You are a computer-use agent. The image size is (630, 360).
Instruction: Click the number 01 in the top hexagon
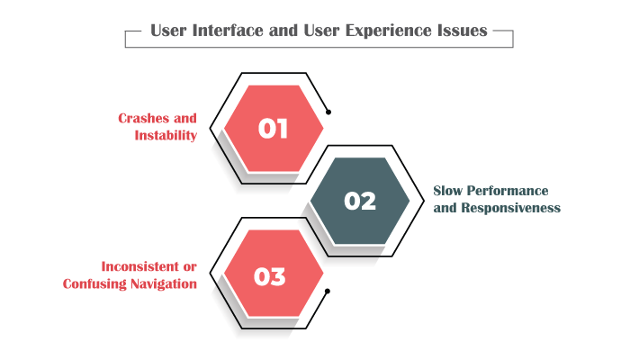tap(273, 129)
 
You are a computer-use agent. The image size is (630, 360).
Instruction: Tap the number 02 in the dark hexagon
tap(360, 201)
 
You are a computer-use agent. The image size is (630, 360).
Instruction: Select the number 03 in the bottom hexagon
tap(270, 277)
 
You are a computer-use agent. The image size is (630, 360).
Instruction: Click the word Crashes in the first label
tap(144, 118)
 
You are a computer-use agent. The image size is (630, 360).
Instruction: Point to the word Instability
tap(166, 135)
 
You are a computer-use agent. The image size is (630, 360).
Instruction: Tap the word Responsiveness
tap(510, 208)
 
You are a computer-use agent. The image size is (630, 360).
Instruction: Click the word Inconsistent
tap(139, 266)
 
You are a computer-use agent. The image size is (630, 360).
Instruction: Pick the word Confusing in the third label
tap(94, 283)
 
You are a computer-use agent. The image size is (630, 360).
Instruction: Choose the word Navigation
tap(164, 283)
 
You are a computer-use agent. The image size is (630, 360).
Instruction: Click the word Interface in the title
tap(228, 31)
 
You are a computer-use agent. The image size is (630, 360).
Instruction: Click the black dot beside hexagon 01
tap(328, 112)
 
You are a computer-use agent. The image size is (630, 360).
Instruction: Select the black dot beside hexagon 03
tap(328, 292)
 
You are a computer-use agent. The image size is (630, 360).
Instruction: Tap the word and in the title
tap(283, 31)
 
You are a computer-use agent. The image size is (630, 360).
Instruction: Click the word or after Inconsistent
tap(190, 267)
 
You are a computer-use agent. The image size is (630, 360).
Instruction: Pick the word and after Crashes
tap(185, 118)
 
